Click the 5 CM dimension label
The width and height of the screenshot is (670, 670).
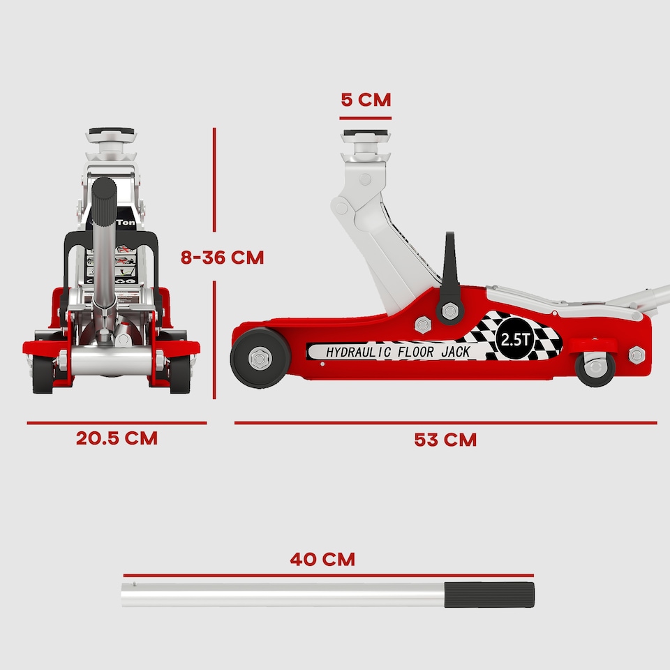point(366,99)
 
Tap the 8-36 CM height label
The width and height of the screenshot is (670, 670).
point(222,257)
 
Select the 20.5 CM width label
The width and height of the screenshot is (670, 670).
point(117,438)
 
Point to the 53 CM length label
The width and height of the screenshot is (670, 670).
point(445,440)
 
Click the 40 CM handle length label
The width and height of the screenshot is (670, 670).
point(322,559)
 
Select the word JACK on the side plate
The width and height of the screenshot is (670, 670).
point(455,352)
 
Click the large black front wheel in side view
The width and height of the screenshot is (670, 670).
point(260,358)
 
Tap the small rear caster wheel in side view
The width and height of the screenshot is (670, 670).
point(595,368)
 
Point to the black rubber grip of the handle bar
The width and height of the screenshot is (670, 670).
point(489,595)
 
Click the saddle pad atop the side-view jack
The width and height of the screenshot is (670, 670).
point(366,135)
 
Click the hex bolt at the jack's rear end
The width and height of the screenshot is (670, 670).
point(636,355)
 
